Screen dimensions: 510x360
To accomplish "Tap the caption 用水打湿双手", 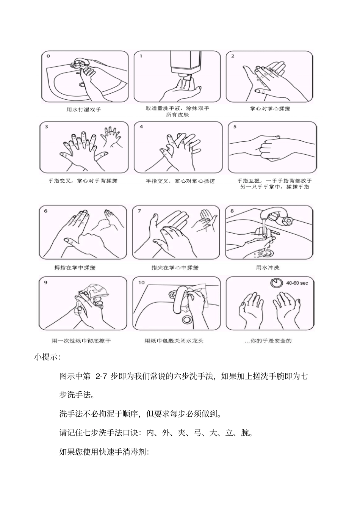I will coord(84,110).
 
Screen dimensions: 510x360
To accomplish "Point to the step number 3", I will coord(46,127).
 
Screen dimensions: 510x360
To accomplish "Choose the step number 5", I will coord(235,127).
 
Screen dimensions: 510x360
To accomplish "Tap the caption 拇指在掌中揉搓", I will coord(75,268).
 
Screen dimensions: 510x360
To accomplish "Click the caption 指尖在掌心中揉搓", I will coord(175,268).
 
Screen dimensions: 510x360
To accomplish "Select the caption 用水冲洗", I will coord(268,268).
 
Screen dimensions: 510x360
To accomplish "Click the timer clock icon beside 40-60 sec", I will coord(276,283).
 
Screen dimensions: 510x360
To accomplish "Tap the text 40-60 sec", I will coord(297,283).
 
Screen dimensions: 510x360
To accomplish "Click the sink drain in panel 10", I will coord(186,319).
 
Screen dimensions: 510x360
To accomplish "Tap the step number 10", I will coord(141,282).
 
